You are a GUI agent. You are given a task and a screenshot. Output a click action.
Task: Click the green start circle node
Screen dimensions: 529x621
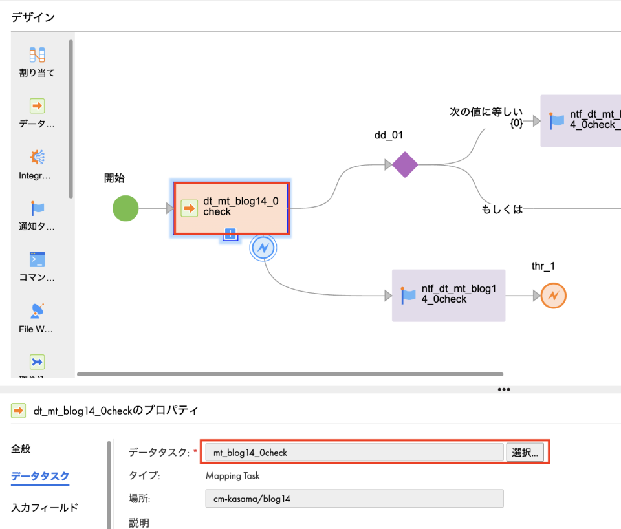click(125, 208)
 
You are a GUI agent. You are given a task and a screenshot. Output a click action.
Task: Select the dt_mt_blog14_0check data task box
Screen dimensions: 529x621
click(232, 208)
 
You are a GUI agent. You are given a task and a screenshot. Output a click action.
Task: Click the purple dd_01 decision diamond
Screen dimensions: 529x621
click(405, 165)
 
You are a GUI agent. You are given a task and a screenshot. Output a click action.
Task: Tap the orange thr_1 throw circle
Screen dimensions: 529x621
click(553, 296)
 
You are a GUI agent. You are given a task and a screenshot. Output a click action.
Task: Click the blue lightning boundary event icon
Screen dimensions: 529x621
click(263, 247)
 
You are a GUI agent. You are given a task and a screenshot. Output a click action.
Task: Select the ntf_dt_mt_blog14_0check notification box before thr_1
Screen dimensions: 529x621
click(448, 296)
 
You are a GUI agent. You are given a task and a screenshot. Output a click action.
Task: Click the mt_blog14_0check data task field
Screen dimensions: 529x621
click(353, 453)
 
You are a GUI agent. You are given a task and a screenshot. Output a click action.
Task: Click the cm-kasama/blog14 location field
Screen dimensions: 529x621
click(353, 499)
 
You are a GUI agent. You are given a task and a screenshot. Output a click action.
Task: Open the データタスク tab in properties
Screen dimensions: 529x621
click(40, 477)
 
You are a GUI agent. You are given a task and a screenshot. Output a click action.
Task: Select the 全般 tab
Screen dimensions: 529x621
click(21, 449)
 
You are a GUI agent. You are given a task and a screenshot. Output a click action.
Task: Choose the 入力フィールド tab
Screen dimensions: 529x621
click(45, 508)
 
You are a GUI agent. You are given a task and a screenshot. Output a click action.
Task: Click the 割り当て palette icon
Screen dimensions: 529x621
click(37, 55)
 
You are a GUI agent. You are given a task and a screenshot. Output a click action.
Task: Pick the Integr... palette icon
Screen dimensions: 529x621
click(37, 157)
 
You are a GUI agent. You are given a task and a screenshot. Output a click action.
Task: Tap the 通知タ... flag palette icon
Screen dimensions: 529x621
click(37, 208)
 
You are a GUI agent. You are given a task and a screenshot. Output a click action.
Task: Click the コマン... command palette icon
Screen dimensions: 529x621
click(37, 260)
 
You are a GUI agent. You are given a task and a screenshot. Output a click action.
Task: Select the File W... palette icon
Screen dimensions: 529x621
click(37, 310)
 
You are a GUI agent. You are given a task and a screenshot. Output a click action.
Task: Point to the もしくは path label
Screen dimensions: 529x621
click(501, 209)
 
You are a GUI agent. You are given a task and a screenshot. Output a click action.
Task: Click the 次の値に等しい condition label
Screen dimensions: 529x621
click(486, 113)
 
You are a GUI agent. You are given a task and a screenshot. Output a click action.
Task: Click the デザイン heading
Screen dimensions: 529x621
click(33, 17)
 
